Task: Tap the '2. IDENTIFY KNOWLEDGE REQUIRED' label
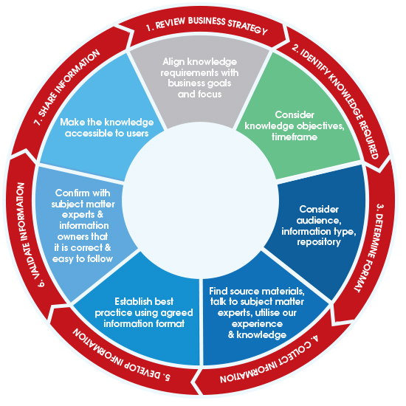(x=337, y=100)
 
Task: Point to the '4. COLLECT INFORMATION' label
(x=269, y=362)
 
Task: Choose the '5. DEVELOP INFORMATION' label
(x=121, y=358)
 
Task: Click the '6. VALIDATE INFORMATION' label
(x=27, y=235)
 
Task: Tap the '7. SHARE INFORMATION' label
(x=66, y=87)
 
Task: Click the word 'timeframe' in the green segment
(x=295, y=137)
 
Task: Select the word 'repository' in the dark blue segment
(x=319, y=242)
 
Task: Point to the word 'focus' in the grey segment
(x=210, y=94)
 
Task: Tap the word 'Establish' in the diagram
(x=129, y=301)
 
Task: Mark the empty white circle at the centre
(x=200, y=200)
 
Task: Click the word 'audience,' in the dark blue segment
(x=319, y=221)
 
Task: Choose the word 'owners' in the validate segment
(x=69, y=237)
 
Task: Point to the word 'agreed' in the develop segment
(x=177, y=313)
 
